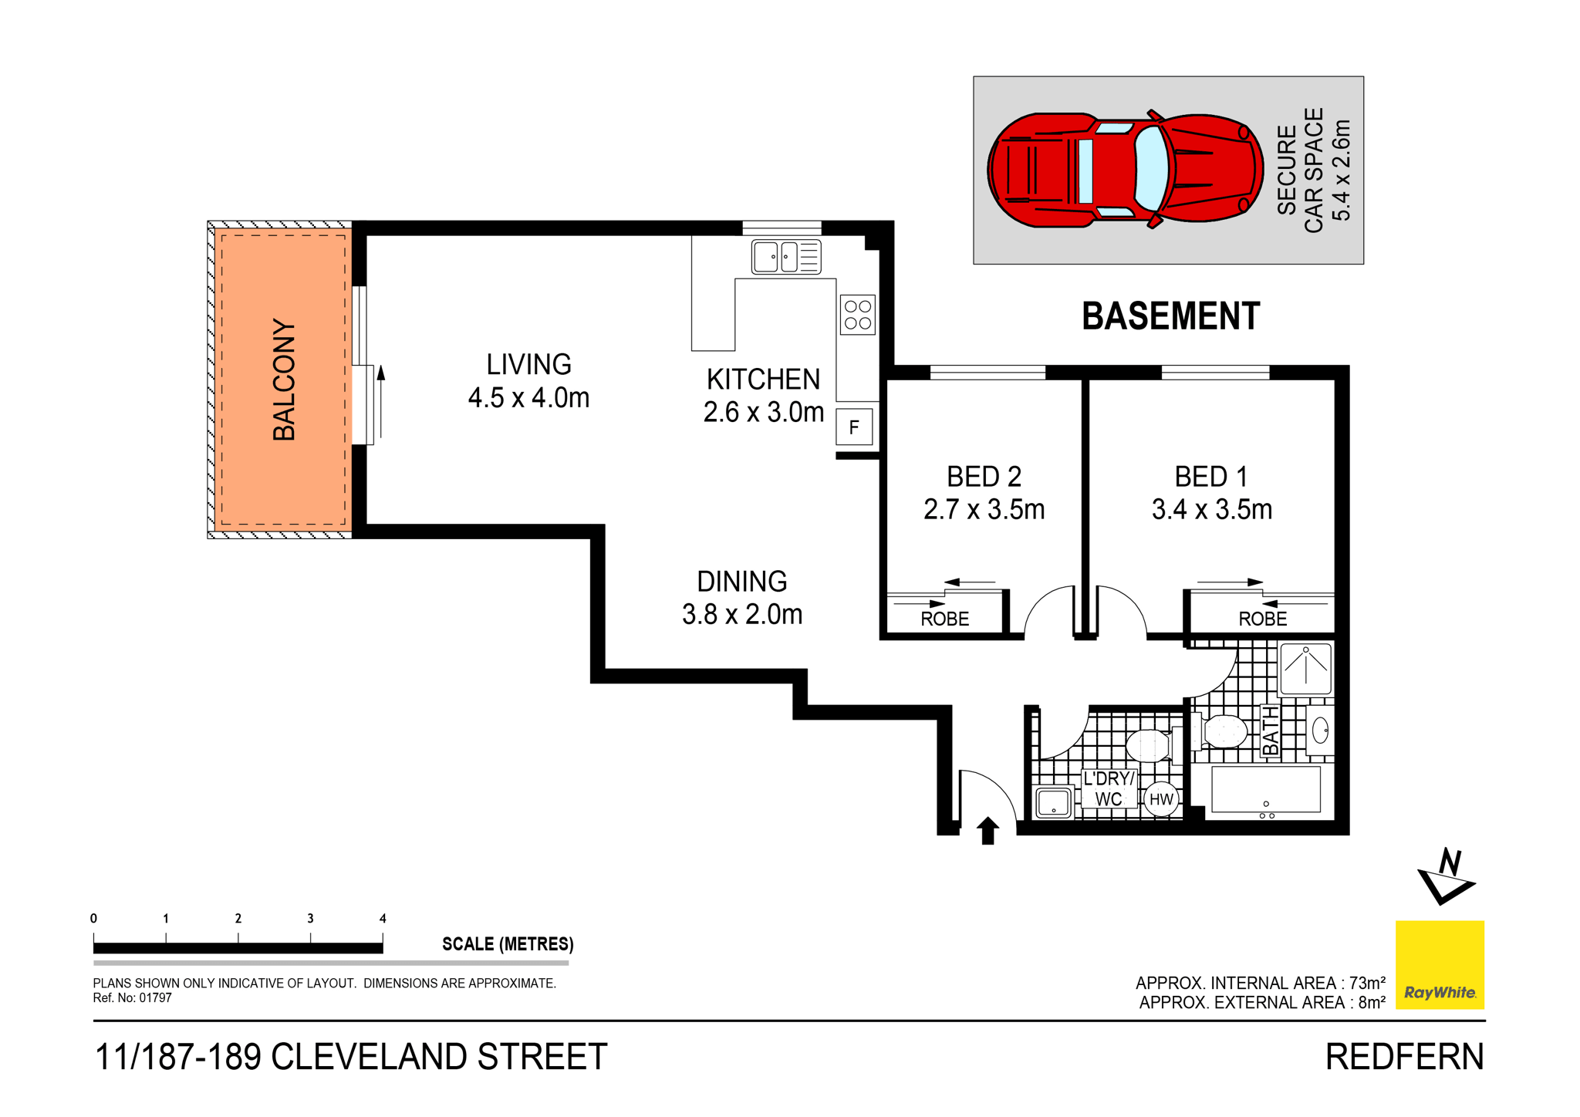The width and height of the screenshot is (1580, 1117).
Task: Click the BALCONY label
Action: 284,380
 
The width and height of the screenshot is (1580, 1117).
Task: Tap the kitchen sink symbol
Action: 785,257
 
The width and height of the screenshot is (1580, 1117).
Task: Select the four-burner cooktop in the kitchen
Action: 857,315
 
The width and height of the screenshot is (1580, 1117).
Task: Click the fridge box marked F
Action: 853,427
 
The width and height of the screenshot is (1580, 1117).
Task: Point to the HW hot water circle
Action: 1160,799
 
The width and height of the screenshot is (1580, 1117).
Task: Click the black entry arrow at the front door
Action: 987,831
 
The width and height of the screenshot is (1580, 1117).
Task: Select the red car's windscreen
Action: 1151,169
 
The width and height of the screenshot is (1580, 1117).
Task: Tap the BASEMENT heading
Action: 1170,316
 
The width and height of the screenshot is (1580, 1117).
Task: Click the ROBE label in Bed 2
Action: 944,619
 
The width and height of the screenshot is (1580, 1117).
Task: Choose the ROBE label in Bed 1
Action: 1262,619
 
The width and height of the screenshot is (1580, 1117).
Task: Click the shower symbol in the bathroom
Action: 1305,669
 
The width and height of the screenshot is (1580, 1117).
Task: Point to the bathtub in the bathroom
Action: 1265,790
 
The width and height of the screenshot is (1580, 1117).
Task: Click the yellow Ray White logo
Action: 1440,964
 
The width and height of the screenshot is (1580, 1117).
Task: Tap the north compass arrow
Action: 1445,877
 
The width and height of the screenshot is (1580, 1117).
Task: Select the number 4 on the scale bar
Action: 383,918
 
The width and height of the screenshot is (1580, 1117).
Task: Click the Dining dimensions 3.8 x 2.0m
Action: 742,614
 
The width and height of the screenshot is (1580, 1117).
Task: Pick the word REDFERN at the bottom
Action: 1404,1057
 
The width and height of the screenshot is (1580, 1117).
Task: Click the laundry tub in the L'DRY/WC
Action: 1053,802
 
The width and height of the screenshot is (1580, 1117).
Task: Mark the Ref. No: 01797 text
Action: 132,997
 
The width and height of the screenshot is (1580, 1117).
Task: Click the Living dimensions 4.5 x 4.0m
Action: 528,397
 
